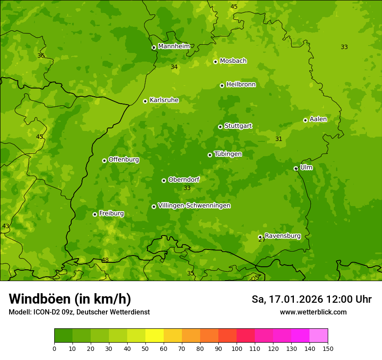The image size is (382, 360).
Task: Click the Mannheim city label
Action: [x=174, y=46]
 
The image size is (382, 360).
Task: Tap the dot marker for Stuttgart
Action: [x=220, y=127]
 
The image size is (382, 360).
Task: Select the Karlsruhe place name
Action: [x=164, y=100]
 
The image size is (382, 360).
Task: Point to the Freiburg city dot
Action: [x=95, y=214]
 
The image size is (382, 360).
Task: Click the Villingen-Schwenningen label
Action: [x=194, y=206]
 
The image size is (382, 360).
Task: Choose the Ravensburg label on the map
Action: [x=283, y=236]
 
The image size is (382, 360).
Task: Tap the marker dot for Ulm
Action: [x=296, y=168]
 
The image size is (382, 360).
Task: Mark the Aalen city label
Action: [x=318, y=119]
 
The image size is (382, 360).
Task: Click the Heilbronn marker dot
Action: [x=222, y=85]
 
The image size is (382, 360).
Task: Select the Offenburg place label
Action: [x=124, y=160]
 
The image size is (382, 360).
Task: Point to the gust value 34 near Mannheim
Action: [x=174, y=67]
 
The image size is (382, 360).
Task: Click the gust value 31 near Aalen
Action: [x=279, y=139]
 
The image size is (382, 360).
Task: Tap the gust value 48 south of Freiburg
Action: [x=105, y=260]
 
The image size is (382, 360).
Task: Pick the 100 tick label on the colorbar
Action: [x=236, y=349]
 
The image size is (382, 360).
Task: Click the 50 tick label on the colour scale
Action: [x=145, y=349]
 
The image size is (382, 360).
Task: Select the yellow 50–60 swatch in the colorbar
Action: [x=155, y=336]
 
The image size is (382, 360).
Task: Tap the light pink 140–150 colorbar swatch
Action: [x=319, y=336]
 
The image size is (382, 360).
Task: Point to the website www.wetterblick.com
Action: [x=313, y=312]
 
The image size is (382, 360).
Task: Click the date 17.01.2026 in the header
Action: [x=296, y=299]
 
